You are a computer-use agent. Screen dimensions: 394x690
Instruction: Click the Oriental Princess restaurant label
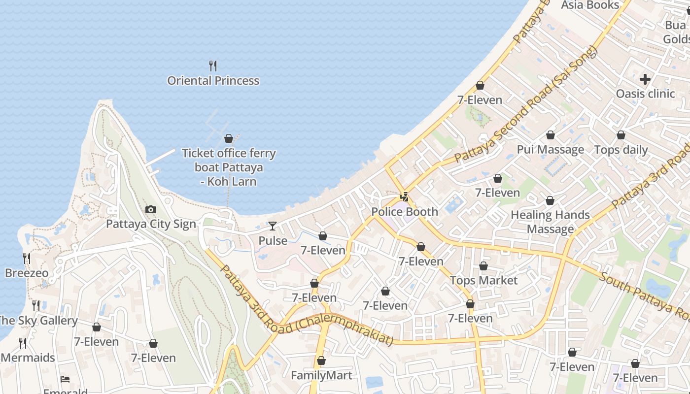pyautogui.click(x=213, y=81)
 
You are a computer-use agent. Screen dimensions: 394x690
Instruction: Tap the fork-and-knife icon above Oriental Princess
pyautogui.click(x=213, y=66)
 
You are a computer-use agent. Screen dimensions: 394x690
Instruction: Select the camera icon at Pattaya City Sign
pyautogui.click(x=151, y=210)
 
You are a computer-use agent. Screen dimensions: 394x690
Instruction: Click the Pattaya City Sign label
pyautogui.click(x=151, y=224)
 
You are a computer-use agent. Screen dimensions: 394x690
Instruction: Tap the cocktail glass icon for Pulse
pyautogui.click(x=273, y=226)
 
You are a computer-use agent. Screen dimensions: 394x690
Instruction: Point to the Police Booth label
pyautogui.click(x=404, y=212)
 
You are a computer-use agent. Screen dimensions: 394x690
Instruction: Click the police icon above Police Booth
pyautogui.click(x=404, y=197)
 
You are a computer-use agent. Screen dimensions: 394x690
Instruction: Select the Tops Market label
pyautogui.click(x=483, y=281)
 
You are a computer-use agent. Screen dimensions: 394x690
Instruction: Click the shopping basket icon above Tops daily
pyautogui.click(x=621, y=135)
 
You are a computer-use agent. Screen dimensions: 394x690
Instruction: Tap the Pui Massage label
pyautogui.click(x=550, y=150)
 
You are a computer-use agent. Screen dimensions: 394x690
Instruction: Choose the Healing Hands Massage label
pyautogui.click(x=550, y=222)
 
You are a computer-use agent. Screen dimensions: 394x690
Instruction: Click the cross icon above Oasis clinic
pyautogui.click(x=645, y=79)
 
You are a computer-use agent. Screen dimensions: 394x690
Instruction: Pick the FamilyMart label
pyautogui.click(x=321, y=376)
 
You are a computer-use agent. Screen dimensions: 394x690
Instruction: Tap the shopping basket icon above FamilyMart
pyautogui.click(x=321, y=361)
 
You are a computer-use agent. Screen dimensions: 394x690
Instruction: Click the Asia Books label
pyautogui.click(x=590, y=5)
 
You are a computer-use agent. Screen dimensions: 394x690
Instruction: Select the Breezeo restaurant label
pyautogui.click(x=27, y=273)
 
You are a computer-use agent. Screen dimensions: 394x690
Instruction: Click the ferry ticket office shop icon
pyautogui.click(x=229, y=138)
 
